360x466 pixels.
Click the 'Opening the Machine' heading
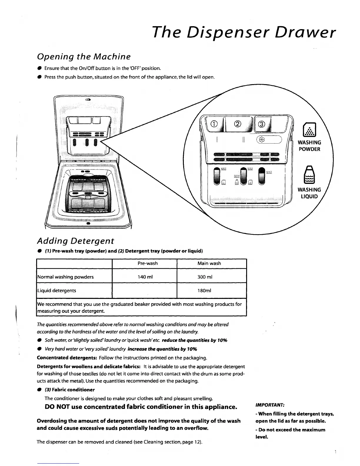[84, 56]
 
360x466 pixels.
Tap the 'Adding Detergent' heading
[75, 241]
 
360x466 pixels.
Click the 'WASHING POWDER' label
[309, 146]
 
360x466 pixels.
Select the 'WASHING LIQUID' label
[309, 193]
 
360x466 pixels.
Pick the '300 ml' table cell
[209, 277]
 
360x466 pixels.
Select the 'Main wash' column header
[209, 263]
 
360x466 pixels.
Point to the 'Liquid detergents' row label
[56, 291]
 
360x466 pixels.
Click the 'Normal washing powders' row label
[65, 277]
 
